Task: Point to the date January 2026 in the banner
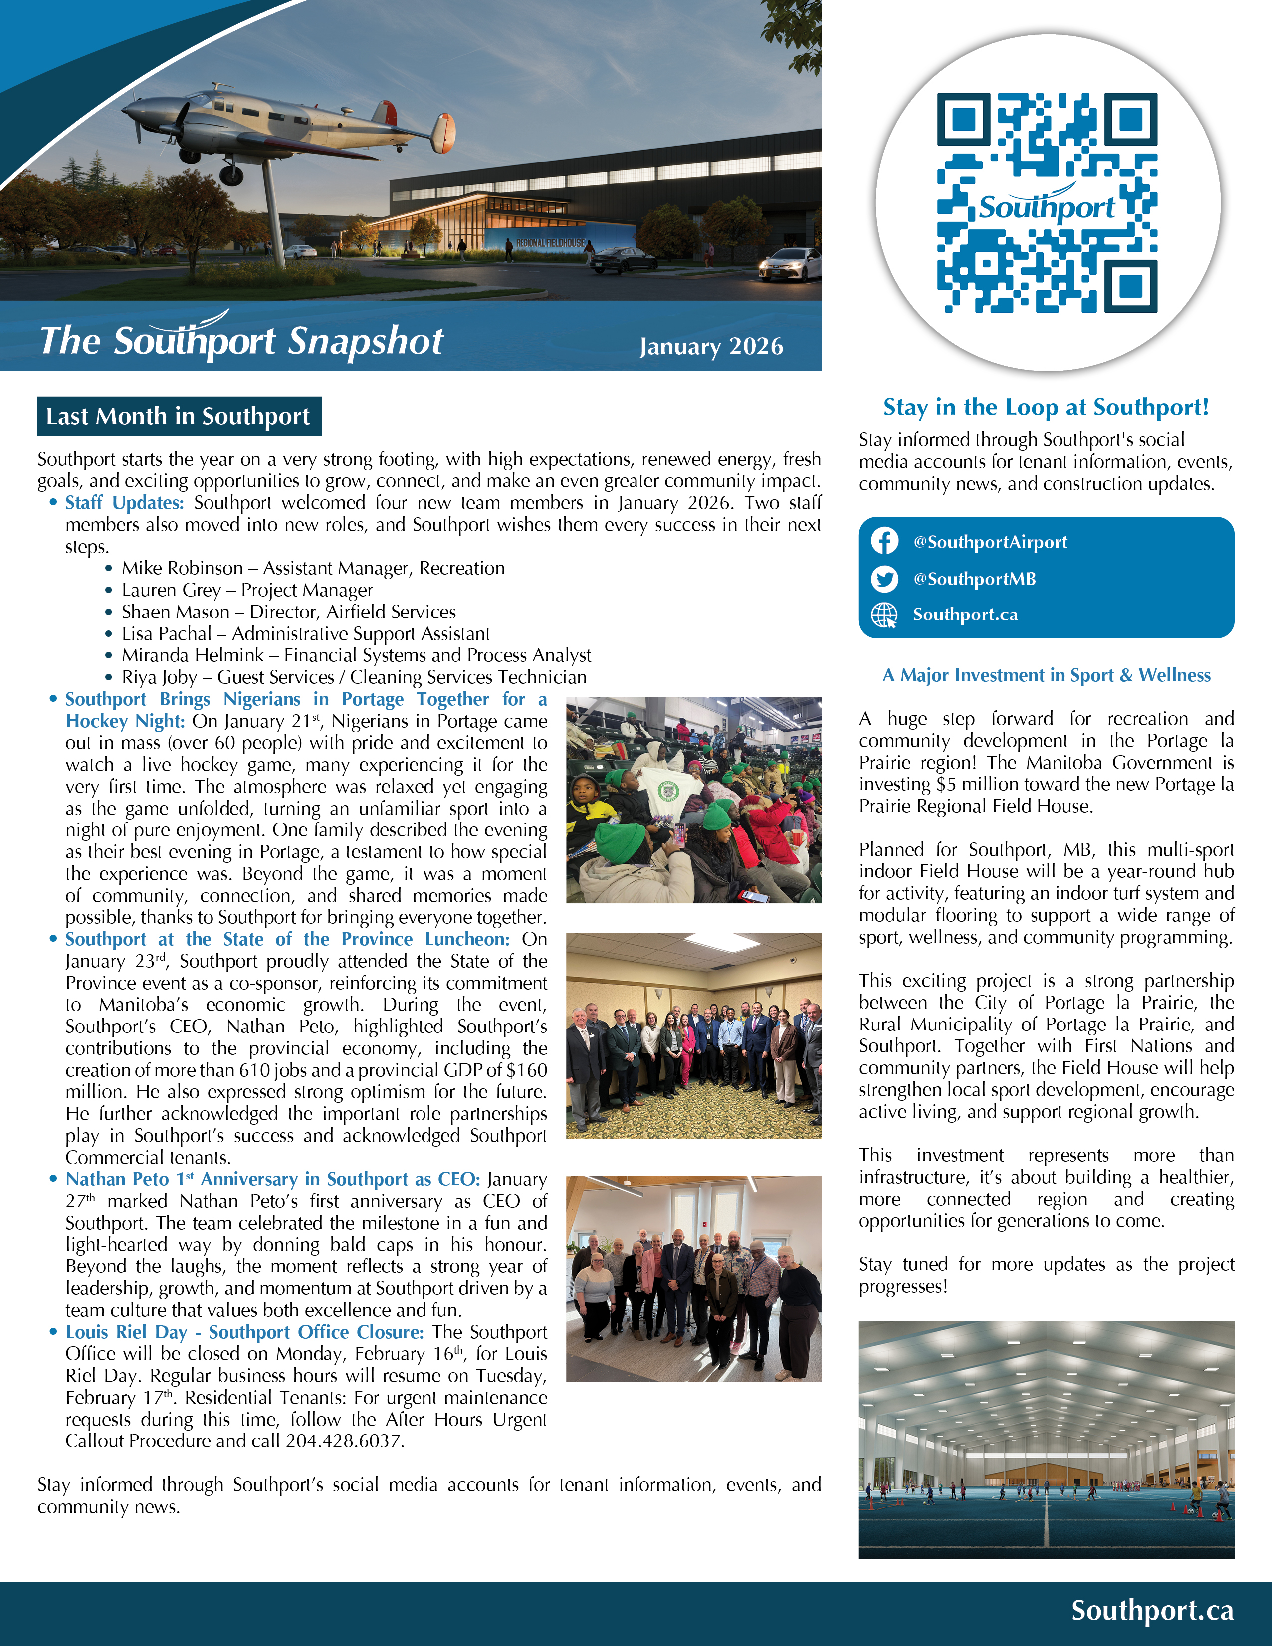(x=711, y=346)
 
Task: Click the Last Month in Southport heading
(x=179, y=416)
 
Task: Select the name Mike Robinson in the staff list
(x=183, y=568)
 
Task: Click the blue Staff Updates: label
(x=124, y=503)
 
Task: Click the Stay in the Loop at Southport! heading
(x=1046, y=407)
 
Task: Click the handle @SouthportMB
(x=974, y=578)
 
